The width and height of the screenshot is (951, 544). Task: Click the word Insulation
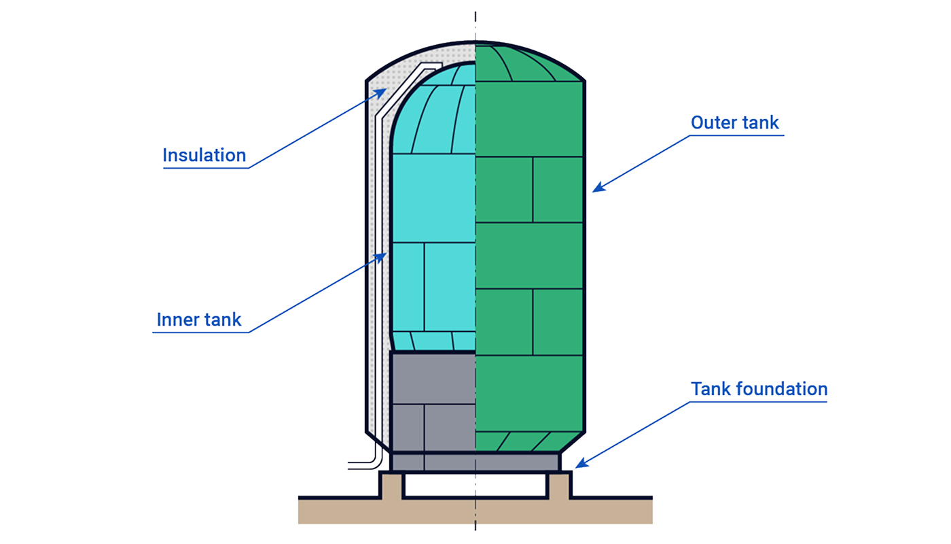(204, 156)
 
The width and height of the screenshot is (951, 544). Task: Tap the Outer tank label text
(735, 123)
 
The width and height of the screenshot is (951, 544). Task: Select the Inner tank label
(199, 320)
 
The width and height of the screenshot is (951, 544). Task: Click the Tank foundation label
(759, 389)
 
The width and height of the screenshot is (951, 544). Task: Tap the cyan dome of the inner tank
(442, 109)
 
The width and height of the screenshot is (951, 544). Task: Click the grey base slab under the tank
(475, 463)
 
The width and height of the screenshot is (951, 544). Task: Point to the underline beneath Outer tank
(736, 135)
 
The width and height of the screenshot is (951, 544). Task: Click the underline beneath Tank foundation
(759, 401)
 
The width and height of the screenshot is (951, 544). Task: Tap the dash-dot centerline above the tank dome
(475, 24)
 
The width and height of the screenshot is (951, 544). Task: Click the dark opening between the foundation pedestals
(475, 486)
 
